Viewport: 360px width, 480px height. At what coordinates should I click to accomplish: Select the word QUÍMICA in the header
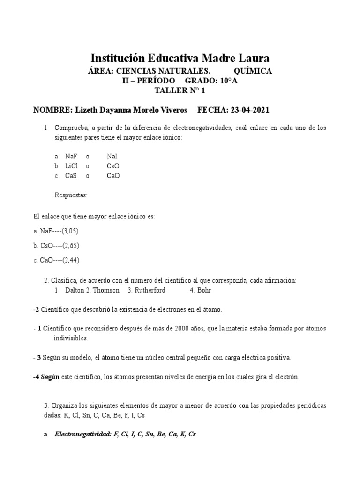(x=252, y=71)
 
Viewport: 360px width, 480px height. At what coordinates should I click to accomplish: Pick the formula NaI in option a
(x=112, y=157)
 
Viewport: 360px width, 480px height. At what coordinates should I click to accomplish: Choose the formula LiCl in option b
(x=71, y=166)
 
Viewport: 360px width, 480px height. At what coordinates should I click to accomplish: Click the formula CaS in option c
(x=71, y=176)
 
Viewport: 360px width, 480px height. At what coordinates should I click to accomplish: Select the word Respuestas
(x=71, y=195)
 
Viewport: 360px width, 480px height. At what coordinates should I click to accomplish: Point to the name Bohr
(x=204, y=290)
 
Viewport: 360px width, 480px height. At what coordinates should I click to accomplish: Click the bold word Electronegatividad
(x=82, y=434)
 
